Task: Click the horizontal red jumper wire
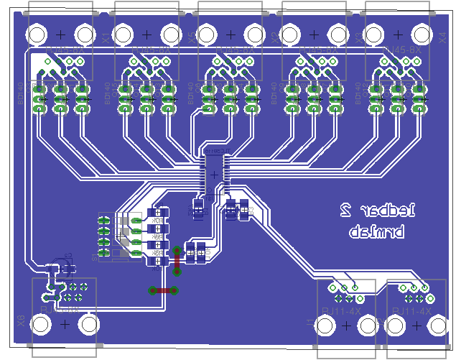[164, 290]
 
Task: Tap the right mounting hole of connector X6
[88, 325]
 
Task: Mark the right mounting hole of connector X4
[421, 34]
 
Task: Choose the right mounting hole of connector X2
[337, 34]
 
